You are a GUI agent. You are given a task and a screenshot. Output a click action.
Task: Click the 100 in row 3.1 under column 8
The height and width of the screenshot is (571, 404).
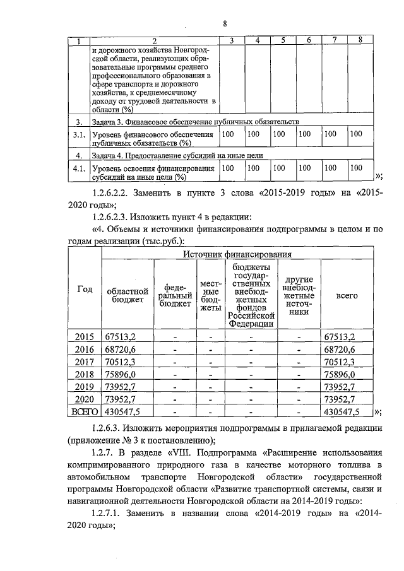pyautogui.click(x=357, y=134)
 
